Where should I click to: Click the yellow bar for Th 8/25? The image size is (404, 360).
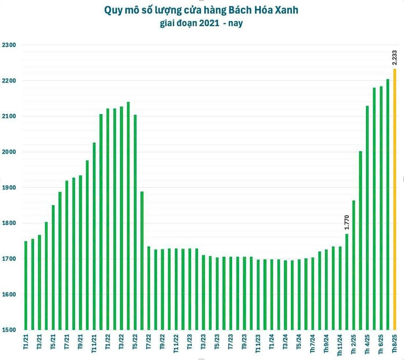click(395, 199)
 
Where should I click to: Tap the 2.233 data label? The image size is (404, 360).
click(395, 57)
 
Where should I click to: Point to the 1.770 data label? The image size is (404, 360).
click(347, 222)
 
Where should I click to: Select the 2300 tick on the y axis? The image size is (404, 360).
click(9, 45)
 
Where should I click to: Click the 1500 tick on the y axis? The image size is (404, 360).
click(9, 330)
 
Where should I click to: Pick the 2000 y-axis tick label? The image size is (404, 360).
click(9, 152)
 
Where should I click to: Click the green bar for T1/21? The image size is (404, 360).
click(26, 285)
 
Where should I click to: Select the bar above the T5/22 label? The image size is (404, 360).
click(135, 222)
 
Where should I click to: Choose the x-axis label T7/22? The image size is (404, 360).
click(149, 342)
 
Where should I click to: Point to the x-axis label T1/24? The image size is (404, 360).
click(271, 342)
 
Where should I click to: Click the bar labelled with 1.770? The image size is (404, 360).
click(347, 282)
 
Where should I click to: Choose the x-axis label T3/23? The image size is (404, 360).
click(203, 342)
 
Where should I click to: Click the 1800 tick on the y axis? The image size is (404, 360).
click(9, 223)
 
